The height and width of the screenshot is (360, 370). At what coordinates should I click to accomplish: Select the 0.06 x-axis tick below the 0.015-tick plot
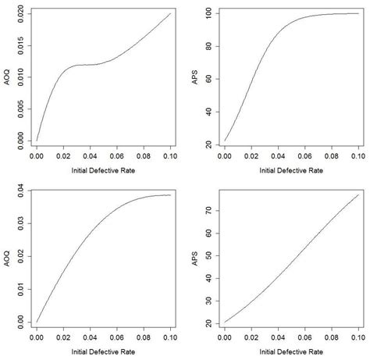117,156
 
